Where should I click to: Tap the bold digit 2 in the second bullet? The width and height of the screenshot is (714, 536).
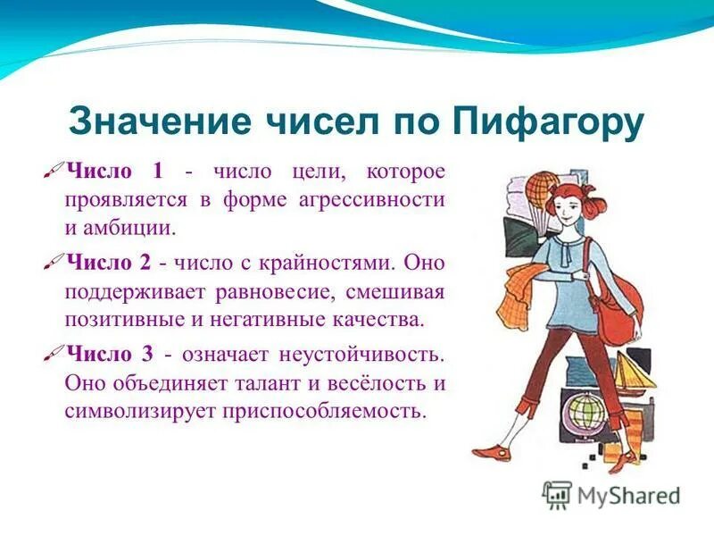click(145, 264)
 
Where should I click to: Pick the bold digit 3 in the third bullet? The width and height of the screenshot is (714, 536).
click(145, 354)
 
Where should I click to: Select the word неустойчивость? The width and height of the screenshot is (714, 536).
click(356, 354)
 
